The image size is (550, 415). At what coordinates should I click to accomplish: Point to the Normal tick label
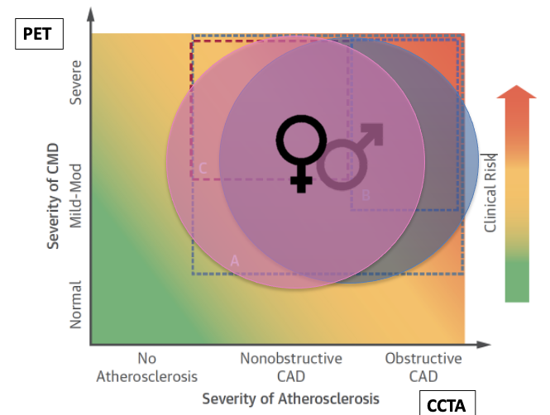[76, 303]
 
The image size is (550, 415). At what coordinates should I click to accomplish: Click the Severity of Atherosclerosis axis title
[290, 398]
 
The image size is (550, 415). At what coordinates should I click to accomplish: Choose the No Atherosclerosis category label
[146, 368]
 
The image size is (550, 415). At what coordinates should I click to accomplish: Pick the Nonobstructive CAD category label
[290, 368]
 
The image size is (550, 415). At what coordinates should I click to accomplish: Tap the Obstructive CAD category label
[423, 368]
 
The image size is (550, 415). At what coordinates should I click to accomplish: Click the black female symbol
[300, 151]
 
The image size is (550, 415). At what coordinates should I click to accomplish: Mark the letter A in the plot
[234, 260]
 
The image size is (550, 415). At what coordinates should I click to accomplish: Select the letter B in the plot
[365, 195]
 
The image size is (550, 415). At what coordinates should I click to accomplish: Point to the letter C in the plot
[203, 168]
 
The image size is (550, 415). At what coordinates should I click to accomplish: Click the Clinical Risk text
[490, 192]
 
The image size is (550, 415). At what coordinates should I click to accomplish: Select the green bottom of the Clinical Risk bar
[516, 285]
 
